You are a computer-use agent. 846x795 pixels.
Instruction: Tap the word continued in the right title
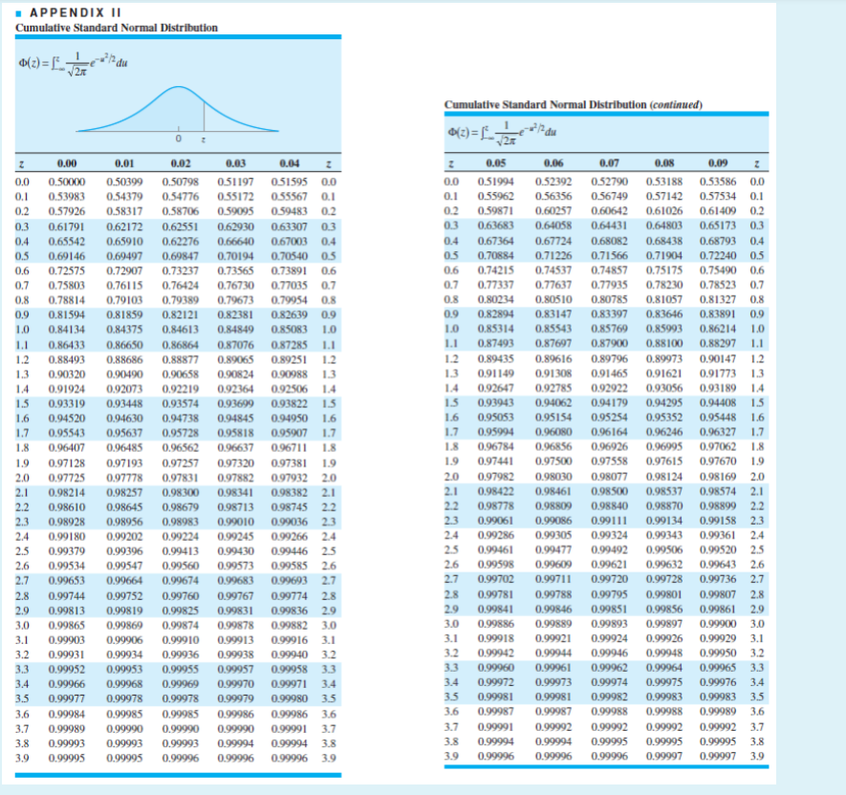pos(674,104)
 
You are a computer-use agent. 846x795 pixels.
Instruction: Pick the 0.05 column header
pos(493,165)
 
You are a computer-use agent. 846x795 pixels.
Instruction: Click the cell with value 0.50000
pos(67,182)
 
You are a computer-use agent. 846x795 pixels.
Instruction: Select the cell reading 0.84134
pos(67,331)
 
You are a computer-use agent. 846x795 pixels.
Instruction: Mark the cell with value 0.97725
pos(67,478)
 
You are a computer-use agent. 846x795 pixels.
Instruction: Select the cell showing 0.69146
pos(67,257)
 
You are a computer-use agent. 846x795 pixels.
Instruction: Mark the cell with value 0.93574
pos(178,404)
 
